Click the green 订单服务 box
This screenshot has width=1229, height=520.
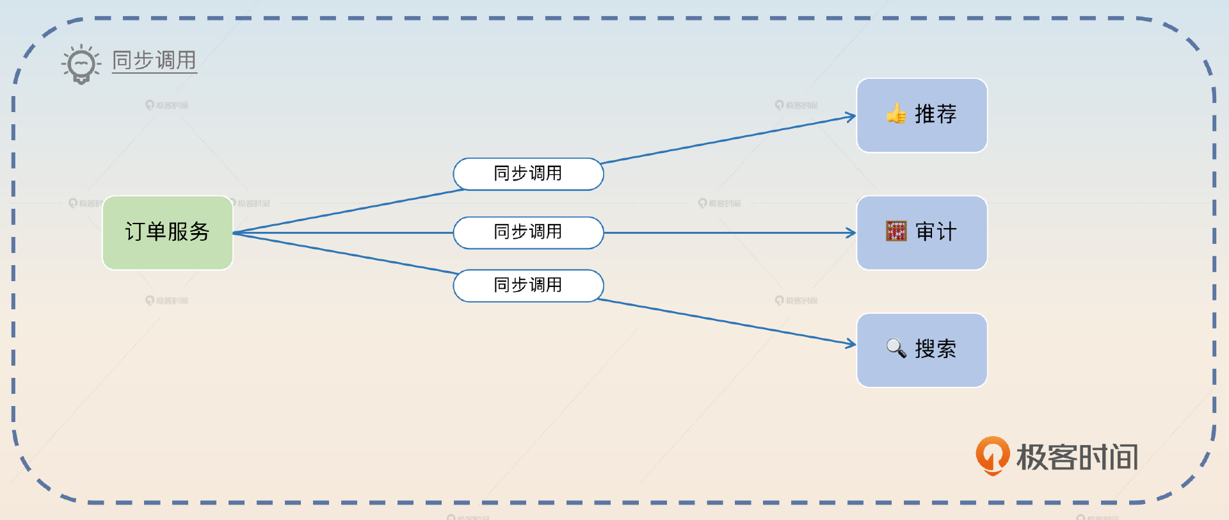click(x=168, y=232)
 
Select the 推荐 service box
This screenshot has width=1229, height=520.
click(x=922, y=115)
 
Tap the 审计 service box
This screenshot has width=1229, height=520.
click(x=922, y=232)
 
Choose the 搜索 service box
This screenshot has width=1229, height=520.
click(x=922, y=350)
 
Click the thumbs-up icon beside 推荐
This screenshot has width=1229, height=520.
click(x=896, y=114)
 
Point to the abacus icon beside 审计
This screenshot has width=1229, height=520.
click(x=896, y=231)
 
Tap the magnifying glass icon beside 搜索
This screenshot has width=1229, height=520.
click(x=896, y=348)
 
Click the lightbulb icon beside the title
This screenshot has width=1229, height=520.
click(x=81, y=64)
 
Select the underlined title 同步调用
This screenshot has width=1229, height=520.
click(x=154, y=60)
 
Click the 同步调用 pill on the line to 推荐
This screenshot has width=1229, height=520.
click(x=528, y=174)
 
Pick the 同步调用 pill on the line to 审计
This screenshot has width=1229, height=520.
click(x=528, y=232)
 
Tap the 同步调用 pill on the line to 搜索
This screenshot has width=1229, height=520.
click(x=528, y=286)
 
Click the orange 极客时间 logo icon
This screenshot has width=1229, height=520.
click(x=992, y=456)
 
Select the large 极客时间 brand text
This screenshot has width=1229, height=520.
click(x=1077, y=457)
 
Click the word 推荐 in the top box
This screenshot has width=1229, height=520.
click(x=936, y=114)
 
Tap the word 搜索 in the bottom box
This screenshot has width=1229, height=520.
click(x=936, y=349)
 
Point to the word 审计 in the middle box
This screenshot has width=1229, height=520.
click(x=936, y=231)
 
